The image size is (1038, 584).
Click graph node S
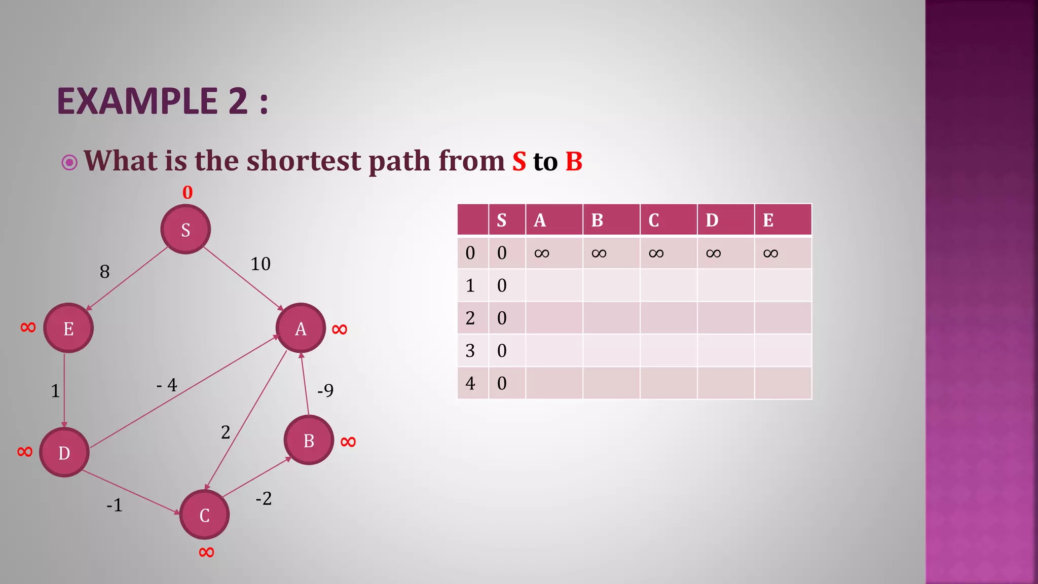186,229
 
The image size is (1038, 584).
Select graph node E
68,328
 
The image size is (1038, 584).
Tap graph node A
301,328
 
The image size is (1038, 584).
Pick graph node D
64,452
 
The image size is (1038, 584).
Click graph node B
309,440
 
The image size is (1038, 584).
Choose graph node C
204,515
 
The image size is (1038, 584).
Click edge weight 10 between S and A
261,264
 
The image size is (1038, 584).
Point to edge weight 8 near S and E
104,272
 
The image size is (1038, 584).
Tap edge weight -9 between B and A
325,390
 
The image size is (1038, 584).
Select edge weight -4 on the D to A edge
167,385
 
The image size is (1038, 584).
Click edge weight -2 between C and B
264,498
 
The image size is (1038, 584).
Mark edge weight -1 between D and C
115,505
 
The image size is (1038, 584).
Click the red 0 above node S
188,193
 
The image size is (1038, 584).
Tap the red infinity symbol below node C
206,552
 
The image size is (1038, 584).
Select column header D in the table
712,220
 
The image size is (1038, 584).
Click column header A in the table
540,220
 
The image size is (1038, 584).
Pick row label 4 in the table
470,383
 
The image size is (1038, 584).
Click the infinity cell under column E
770,253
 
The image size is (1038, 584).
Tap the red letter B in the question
574,161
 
